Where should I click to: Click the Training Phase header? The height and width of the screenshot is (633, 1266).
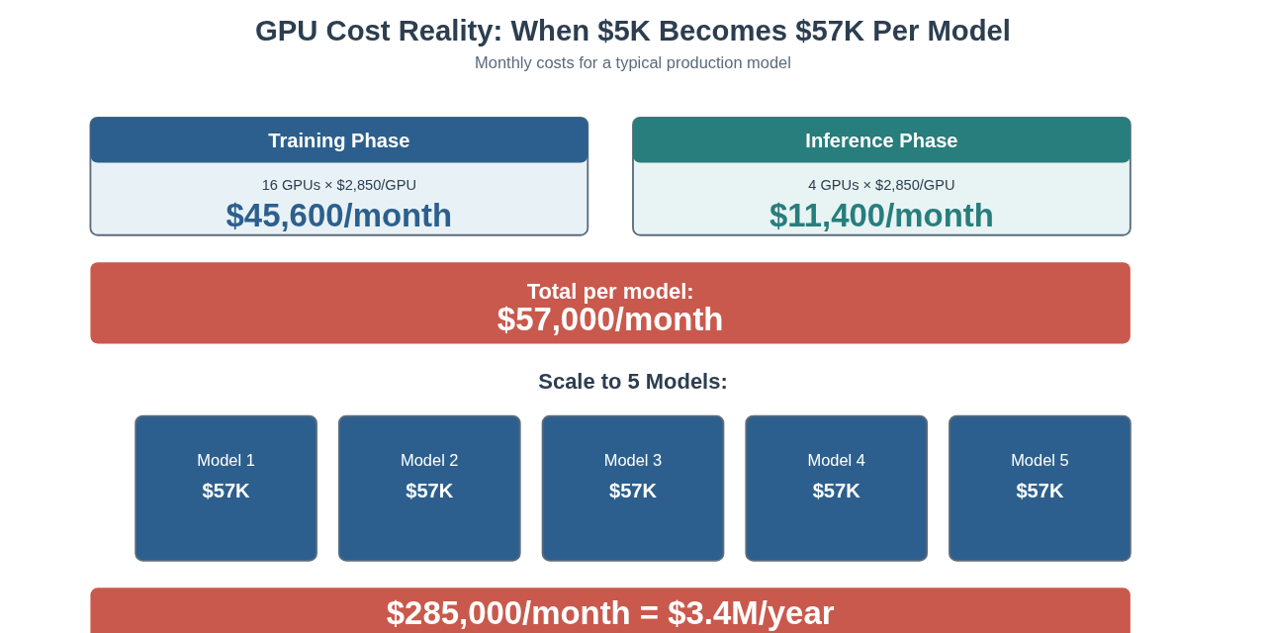(x=338, y=140)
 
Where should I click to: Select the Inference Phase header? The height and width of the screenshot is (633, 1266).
(x=881, y=140)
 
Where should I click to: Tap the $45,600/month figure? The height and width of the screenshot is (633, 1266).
(x=338, y=216)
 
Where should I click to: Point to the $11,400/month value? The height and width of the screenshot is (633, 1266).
(x=881, y=216)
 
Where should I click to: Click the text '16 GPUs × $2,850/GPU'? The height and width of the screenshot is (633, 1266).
(x=338, y=185)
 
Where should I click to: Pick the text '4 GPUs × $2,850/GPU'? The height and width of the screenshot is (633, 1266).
(x=881, y=185)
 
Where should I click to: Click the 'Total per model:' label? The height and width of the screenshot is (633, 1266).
(x=610, y=292)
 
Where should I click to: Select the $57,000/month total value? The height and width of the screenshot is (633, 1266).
(x=610, y=319)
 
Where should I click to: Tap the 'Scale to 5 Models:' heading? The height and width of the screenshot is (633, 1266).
(x=632, y=382)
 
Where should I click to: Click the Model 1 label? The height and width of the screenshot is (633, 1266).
(x=226, y=460)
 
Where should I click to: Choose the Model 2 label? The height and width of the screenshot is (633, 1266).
(x=429, y=460)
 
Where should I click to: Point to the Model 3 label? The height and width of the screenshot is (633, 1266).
(x=633, y=460)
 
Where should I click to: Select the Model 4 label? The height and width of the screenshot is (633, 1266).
(x=836, y=460)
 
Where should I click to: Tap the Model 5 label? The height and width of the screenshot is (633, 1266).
(x=1040, y=460)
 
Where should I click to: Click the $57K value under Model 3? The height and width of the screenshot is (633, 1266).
(x=633, y=491)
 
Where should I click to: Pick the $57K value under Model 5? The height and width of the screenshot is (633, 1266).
(x=1040, y=491)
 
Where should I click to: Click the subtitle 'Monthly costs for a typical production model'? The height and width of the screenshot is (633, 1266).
(x=632, y=63)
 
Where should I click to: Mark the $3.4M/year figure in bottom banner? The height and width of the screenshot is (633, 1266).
(x=751, y=613)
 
